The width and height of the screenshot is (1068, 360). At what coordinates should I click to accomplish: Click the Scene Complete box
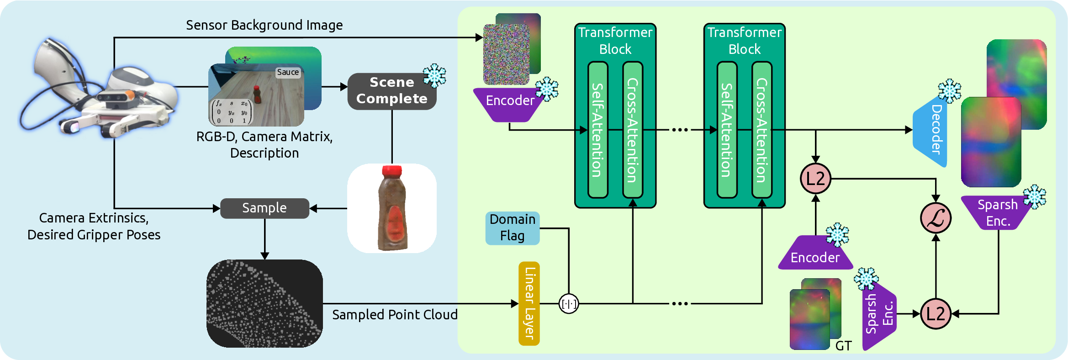click(x=391, y=91)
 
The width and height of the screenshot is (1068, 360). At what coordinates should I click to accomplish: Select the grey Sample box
click(x=264, y=208)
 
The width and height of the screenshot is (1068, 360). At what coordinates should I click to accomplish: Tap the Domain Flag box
click(x=512, y=228)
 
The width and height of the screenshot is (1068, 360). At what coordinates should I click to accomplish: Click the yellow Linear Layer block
click(x=529, y=303)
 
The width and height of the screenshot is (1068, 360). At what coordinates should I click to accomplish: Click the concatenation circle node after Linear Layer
click(x=569, y=303)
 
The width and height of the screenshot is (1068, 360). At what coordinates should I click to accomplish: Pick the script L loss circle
click(x=936, y=218)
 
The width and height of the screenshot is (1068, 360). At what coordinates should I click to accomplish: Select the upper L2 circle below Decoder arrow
click(x=815, y=178)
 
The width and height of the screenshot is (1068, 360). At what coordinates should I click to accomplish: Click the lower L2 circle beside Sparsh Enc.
click(x=935, y=314)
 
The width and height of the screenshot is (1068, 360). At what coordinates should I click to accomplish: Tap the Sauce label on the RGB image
click(x=288, y=72)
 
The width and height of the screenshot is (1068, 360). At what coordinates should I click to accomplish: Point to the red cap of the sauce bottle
click(x=391, y=172)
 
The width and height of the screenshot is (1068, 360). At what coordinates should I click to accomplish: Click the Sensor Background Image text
click(x=264, y=25)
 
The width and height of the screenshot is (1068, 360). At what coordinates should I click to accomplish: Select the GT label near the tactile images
click(x=843, y=346)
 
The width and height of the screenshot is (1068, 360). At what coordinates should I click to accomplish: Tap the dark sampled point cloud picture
click(x=264, y=303)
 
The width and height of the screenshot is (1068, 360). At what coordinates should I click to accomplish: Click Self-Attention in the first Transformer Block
click(x=597, y=130)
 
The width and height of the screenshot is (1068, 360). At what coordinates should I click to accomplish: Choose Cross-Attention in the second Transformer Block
click(x=761, y=130)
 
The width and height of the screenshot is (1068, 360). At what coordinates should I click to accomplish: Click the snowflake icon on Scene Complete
click(x=434, y=75)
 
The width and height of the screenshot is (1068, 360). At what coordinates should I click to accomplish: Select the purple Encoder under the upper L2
click(x=815, y=256)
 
